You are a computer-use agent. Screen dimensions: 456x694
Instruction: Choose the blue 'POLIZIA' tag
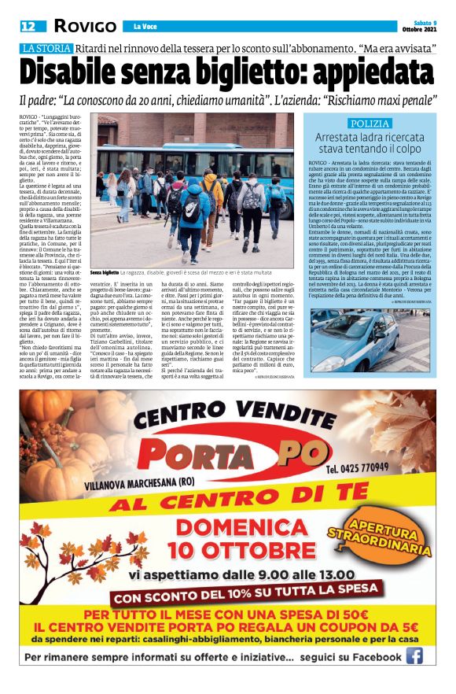click(x=370, y=124)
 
